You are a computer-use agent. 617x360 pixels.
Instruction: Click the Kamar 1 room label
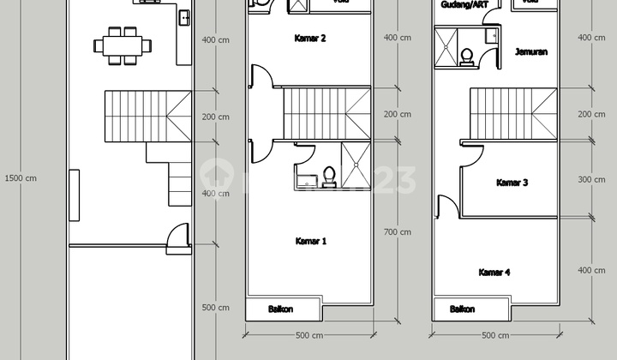point(309,241)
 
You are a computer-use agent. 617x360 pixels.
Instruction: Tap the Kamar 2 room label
point(309,39)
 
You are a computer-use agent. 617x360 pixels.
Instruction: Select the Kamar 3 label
point(512,182)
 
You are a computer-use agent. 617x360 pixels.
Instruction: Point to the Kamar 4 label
point(494,273)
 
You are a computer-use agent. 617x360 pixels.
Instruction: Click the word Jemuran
point(531,52)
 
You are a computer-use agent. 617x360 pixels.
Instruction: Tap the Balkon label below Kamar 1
point(279,309)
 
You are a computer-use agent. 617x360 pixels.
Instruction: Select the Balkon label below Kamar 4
point(463,309)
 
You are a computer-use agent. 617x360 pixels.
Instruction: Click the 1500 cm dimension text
point(21,178)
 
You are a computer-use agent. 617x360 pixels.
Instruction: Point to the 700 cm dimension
point(398,231)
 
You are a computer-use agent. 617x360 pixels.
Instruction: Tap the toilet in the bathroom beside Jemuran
point(467,55)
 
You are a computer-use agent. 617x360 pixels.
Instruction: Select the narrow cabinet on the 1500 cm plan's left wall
point(75,193)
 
